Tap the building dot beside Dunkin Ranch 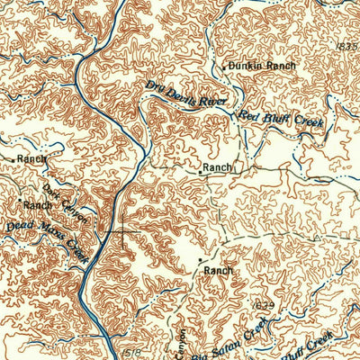pos(224,68)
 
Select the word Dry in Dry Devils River pos(153,86)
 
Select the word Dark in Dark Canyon pos(50,193)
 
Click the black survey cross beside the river pos(120,234)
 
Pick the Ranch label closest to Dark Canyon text pos(38,205)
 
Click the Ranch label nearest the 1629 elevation pos(218,270)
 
